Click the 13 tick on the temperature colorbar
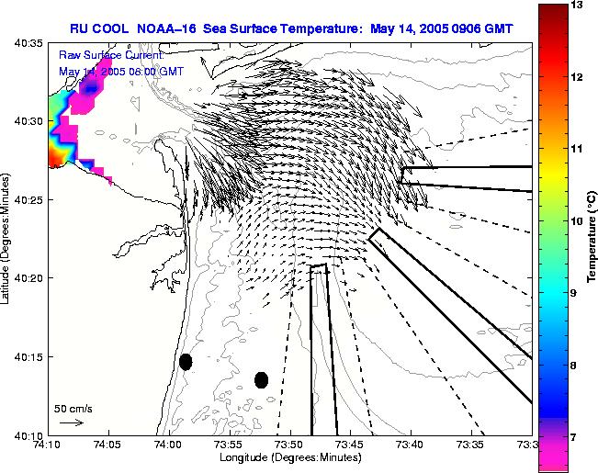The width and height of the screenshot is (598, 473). [x=577, y=6]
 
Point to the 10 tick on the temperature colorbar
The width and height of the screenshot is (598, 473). [x=577, y=221]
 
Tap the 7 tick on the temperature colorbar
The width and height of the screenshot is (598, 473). [x=577, y=437]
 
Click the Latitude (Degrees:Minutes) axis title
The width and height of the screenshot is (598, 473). [x=7, y=239]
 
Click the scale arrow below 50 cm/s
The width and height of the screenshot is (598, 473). [x=72, y=422]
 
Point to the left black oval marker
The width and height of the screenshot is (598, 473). [x=186, y=362]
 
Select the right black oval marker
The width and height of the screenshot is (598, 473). [x=261, y=379]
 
